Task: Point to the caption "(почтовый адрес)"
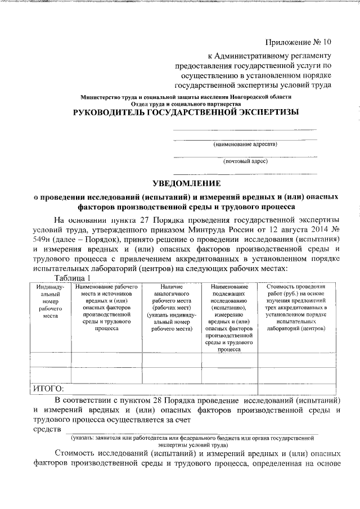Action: coord(245,161)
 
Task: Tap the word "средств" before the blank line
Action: coord(47,430)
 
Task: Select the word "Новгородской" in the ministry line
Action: coord(253,97)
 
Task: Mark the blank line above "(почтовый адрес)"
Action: coord(245,156)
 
